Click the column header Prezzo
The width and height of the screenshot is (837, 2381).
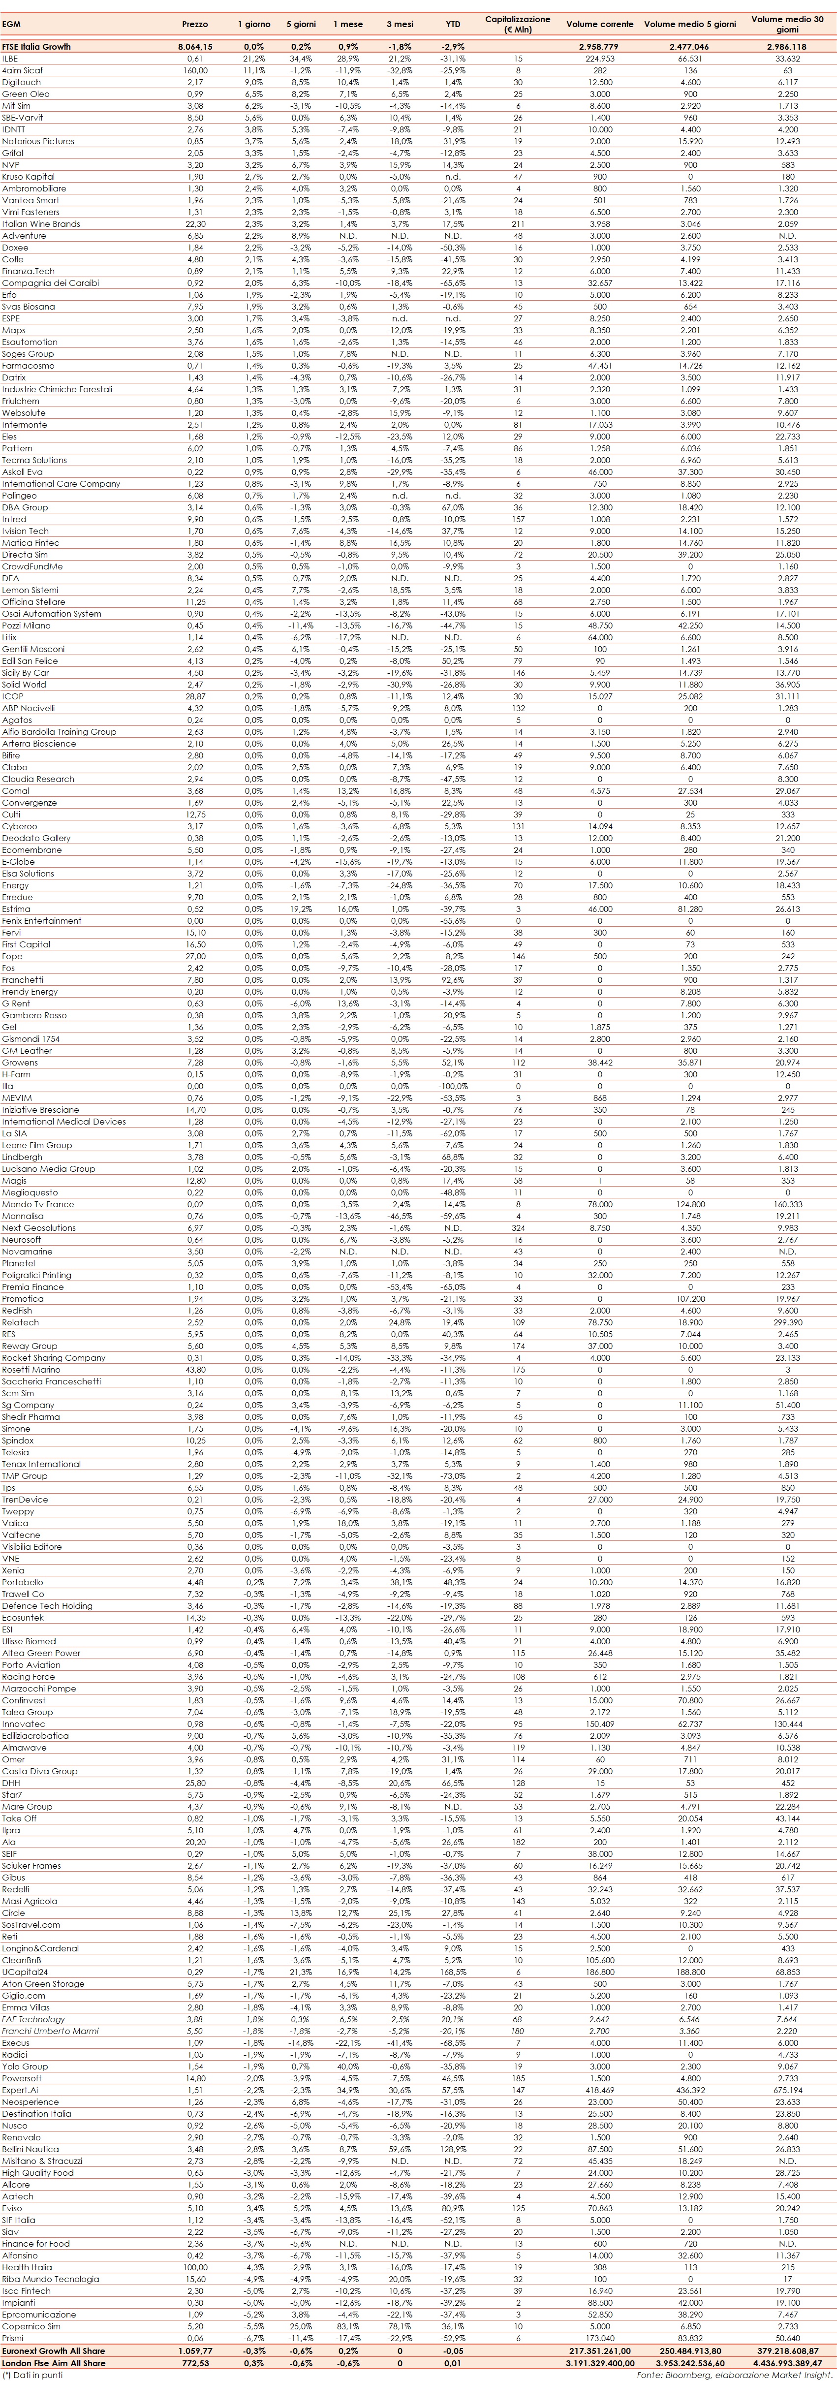195,24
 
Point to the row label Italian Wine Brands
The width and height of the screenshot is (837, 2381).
41,224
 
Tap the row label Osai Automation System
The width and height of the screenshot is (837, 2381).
52,614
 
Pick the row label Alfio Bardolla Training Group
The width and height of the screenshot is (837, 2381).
59,731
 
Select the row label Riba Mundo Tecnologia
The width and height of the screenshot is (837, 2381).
50,2279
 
